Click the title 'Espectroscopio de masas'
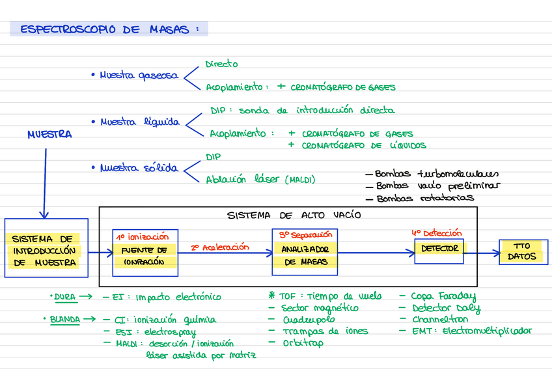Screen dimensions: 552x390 click(x=107, y=29)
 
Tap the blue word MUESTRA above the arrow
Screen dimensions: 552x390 click(x=49, y=135)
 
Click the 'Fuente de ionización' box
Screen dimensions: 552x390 click(x=145, y=251)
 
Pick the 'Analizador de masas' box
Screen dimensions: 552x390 click(x=305, y=251)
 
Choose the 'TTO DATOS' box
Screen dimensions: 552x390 click(x=523, y=251)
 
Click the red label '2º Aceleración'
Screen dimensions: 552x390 click(x=220, y=247)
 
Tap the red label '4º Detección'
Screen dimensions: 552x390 click(x=436, y=232)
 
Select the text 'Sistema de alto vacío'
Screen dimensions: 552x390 click(x=294, y=215)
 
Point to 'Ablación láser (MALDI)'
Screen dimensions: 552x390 click(x=260, y=180)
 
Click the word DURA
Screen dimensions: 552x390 click(x=65, y=297)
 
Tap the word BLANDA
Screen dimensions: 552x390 click(x=65, y=319)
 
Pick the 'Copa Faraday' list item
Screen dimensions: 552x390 click(x=443, y=297)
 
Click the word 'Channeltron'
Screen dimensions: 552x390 click(x=439, y=320)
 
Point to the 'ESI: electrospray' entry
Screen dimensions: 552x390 click(x=154, y=331)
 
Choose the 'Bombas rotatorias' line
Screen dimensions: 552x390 click(x=424, y=198)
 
